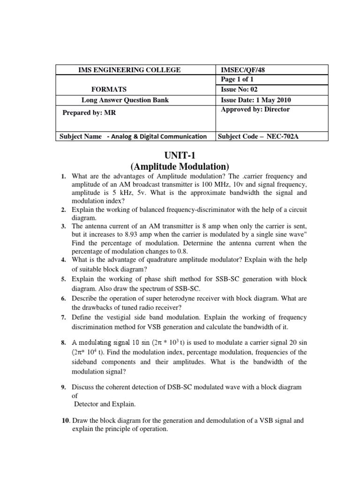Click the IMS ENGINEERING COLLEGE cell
pos(129,70)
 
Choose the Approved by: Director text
pos(255,109)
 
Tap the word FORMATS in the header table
pos(109,90)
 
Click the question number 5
pos(63,279)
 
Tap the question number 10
pos(66,421)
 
